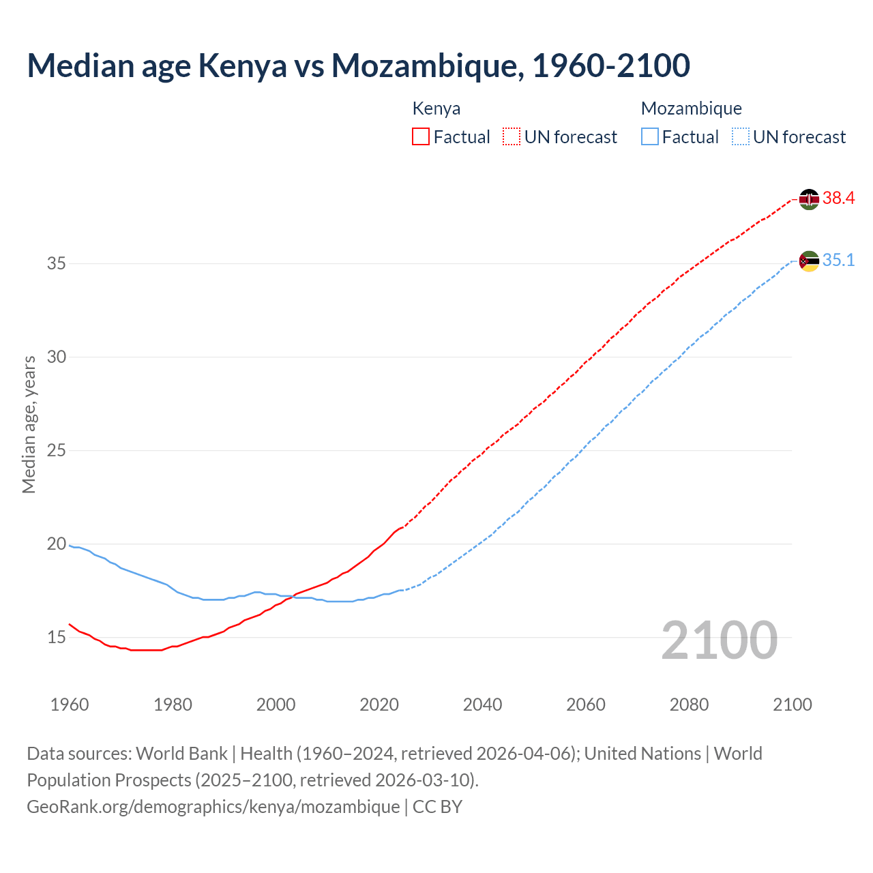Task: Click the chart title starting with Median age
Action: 358,66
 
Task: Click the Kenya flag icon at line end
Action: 809,199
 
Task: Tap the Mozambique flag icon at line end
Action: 809,261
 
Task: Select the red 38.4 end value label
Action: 838,198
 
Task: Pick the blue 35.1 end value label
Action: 838,261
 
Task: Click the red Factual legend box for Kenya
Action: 421,137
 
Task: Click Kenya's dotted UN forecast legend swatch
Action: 512,137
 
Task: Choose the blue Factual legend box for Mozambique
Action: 650,137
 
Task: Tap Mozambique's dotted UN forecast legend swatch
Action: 741,137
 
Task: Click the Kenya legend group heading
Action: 436,108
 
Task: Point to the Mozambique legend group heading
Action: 692,108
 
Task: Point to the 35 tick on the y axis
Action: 57,263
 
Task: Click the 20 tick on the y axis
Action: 57,544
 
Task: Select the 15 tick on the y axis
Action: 57,638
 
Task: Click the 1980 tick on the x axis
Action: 173,705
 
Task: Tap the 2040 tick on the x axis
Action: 482,705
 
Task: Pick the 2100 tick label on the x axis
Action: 792,705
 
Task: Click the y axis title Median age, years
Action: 29,424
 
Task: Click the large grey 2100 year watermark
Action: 720,640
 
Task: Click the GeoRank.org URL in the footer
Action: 213,807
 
